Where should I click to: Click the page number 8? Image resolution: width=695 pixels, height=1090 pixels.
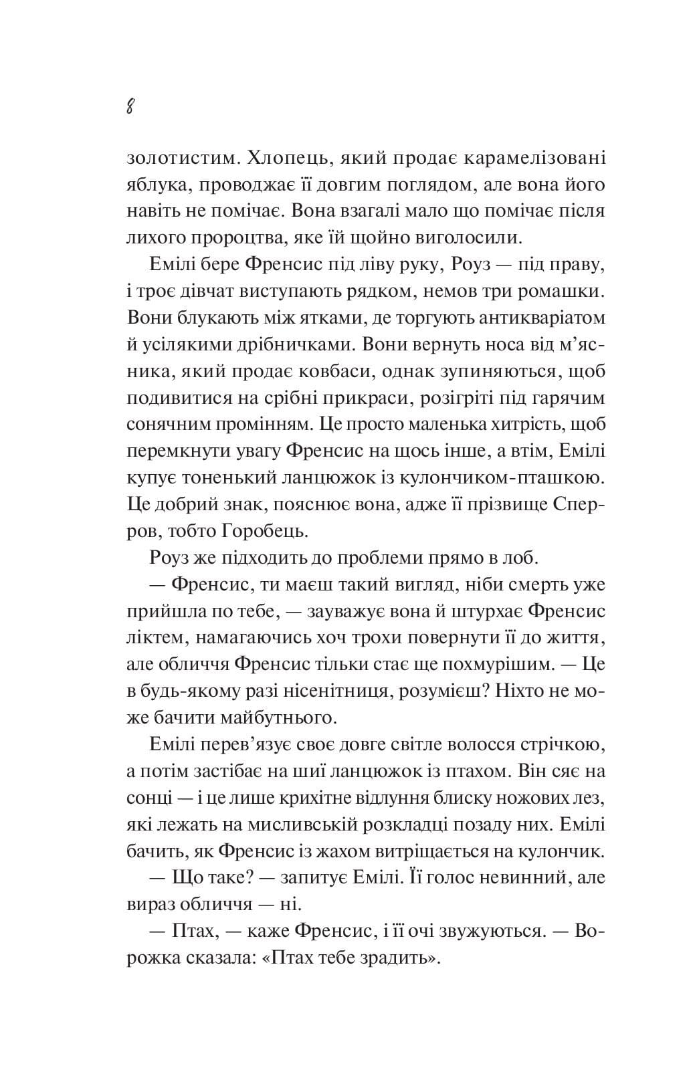coord(130,106)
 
